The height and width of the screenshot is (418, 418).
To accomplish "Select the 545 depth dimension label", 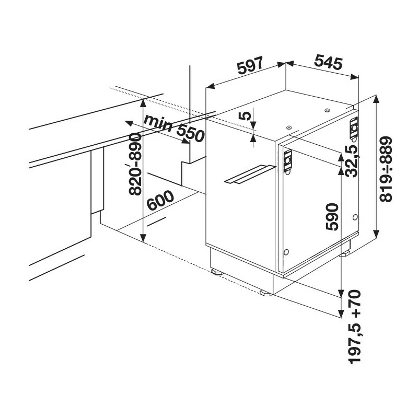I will tap(328, 63).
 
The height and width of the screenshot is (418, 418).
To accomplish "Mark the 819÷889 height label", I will tap(386, 169).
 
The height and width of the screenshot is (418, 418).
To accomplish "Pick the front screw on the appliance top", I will tap(288, 126).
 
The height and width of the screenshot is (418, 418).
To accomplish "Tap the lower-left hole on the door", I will tap(286, 252).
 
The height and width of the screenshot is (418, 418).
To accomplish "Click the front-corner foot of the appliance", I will tap(266, 293).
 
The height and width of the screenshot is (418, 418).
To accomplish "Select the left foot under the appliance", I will tap(216, 272).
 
